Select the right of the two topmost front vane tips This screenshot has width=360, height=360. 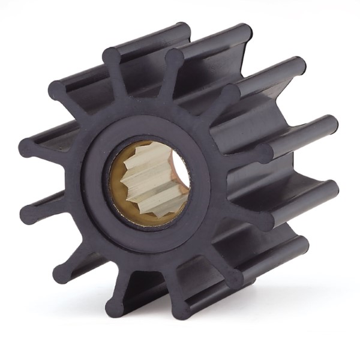click(174, 58)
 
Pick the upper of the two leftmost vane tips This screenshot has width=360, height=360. click(27, 147)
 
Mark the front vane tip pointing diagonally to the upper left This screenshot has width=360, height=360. click(57, 90)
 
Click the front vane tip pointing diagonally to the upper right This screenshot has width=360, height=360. click(228, 94)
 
